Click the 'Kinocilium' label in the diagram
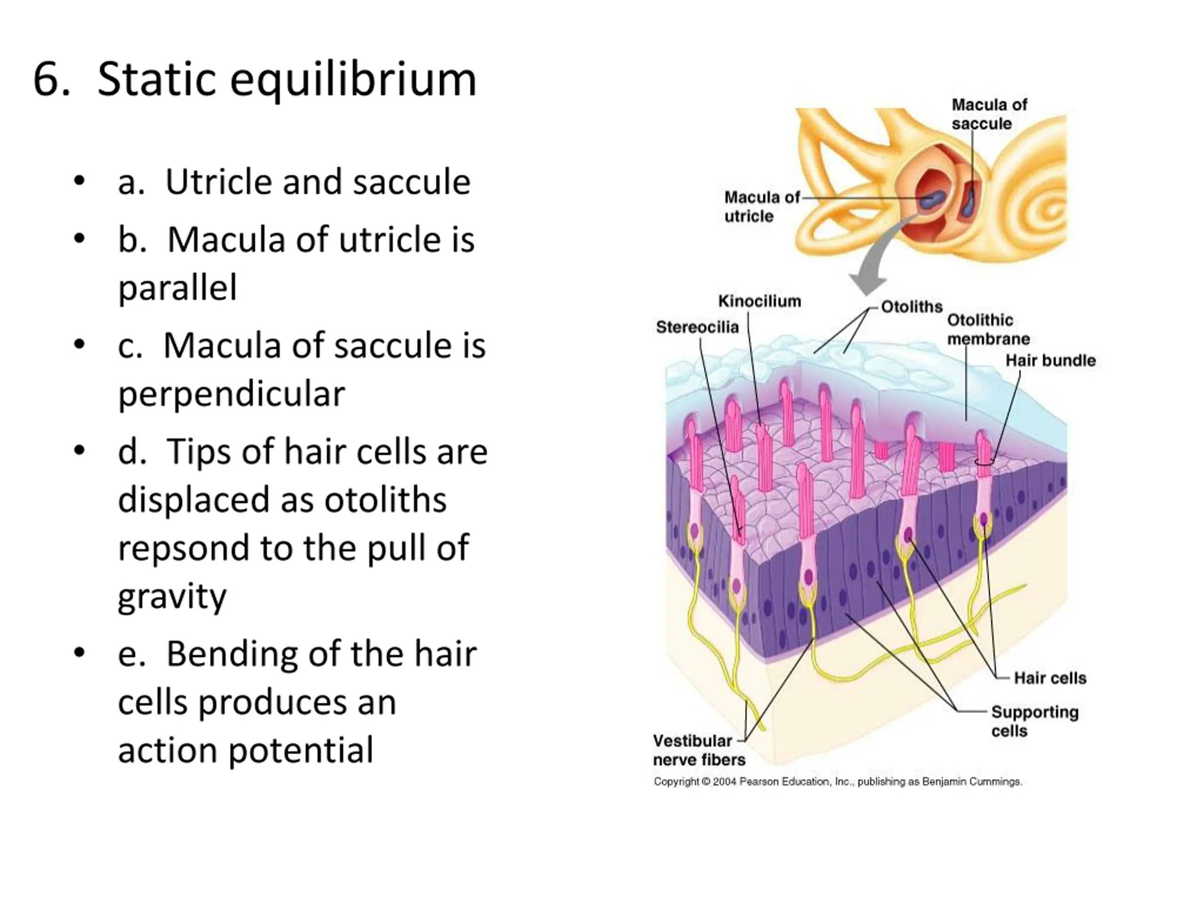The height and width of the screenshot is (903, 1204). pyautogui.click(x=759, y=301)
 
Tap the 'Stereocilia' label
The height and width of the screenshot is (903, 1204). pyautogui.click(x=697, y=327)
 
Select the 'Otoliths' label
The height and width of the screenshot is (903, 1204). pyautogui.click(x=912, y=307)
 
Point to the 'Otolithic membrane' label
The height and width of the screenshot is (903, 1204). pyautogui.click(x=989, y=329)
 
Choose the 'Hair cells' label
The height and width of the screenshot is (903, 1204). pyautogui.click(x=1050, y=678)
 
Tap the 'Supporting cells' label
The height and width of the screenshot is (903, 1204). pyautogui.click(x=1034, y=721)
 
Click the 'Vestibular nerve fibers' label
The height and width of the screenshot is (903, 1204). pyautogui.click(x=699, y=750)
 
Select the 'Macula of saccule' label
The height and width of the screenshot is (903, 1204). pyautogui.click(x=989, y=114)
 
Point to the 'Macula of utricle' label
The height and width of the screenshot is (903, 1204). pyautogui.click(x=761, y=206)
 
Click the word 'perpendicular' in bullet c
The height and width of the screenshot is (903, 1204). pyautogui.click(x=231, y=394)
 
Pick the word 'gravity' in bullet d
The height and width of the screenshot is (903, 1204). pyautogui.click(x=172, y=596)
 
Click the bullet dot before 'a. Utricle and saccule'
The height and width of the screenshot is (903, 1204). pyautogui.click(x=79, y=181)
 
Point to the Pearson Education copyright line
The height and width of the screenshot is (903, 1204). pyautogui.click(x=838, y=782)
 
